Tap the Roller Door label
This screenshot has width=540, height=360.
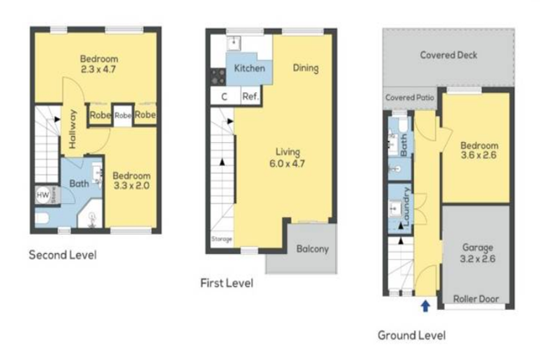(x=475, y=299)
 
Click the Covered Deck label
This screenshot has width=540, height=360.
(x=449, y=55)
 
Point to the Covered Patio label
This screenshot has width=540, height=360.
(x=410, y=98)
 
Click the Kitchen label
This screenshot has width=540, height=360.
(x=250, y=68)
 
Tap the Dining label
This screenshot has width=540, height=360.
(x=306, y=68)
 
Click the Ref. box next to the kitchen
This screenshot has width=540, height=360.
(x=250, y=97)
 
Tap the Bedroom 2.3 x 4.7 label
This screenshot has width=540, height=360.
(x=98, y=64)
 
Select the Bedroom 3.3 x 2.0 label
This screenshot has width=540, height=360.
(x=131, y=181)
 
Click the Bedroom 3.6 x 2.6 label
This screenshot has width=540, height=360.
(x=479, y=150)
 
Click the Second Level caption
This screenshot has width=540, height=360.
(x=62, y=255)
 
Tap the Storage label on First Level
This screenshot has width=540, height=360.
(x=221, y=239)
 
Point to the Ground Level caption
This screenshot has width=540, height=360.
(x=411, y=335)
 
